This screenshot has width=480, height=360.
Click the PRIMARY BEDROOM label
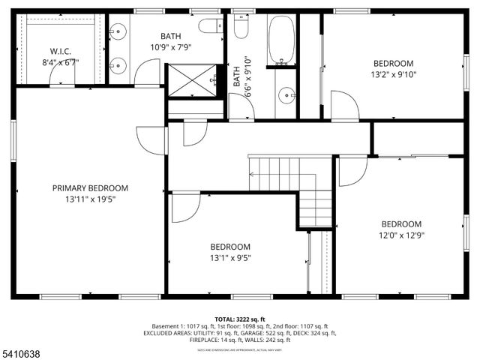[90, 188]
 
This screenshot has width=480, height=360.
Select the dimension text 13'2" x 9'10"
[394, 74]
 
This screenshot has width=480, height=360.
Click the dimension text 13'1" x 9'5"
[230, 258]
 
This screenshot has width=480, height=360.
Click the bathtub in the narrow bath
[283, 39]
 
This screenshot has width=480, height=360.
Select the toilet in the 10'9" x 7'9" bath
[209, 25]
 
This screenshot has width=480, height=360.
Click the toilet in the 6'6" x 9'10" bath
[241, 27]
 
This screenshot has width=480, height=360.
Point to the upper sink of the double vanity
[118, 33]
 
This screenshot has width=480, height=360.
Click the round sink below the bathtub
[285, 95]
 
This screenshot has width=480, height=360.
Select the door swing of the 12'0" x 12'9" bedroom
[351, 171]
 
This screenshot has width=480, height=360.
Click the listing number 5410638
[23, 349]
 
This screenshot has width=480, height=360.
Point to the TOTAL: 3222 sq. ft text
[240, 319]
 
